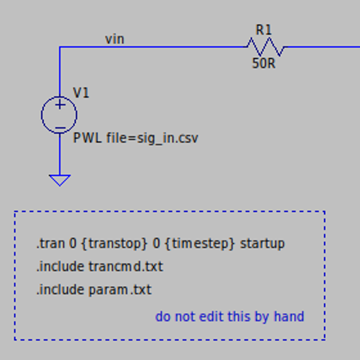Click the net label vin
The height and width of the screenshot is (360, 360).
[x=115, y=39]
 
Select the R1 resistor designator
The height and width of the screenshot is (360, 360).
[x=263, y=29]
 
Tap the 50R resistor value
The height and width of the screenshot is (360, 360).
[x=263, y=62]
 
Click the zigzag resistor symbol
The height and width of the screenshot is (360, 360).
[x=265, y=47]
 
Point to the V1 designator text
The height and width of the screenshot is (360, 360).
[x=81, y=92]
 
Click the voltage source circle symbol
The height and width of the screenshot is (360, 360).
[x=59, y=115]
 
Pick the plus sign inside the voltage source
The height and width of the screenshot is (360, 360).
[x=60, y=105]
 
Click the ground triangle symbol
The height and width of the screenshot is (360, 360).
[x=59, y=179]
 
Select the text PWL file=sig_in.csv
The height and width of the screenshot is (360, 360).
[x=136, y=139]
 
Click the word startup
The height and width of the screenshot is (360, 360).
[x=262, y=244]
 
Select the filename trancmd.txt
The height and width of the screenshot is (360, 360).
[x=125, y=266]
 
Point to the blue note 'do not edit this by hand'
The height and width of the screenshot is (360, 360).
[x=229, y=316]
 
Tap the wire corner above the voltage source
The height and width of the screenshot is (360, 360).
[x=59, y=47]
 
